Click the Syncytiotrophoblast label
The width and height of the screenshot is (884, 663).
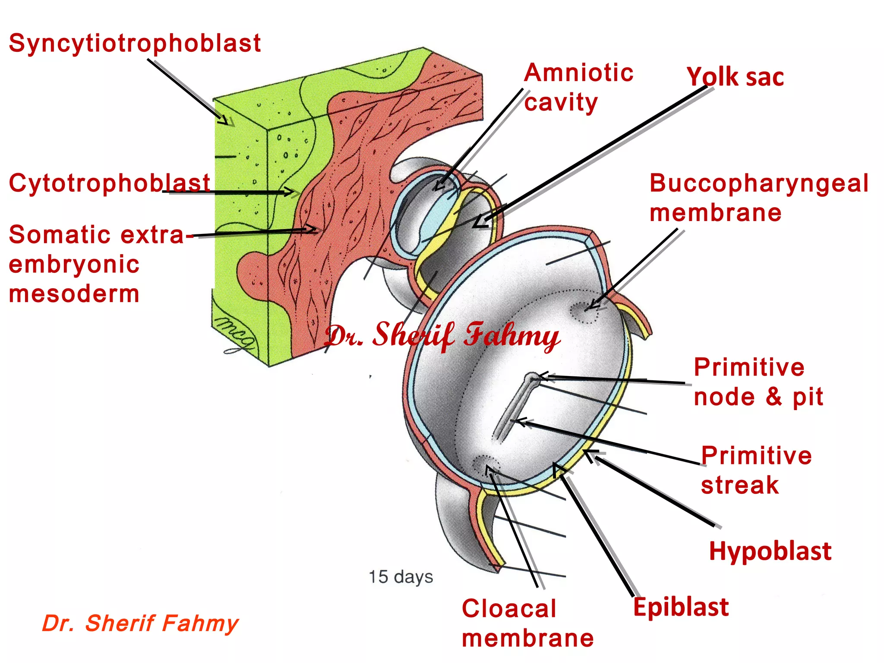point(135,44)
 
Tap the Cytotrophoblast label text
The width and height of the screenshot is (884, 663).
point(109,183)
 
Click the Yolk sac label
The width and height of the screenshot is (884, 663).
point(735,78)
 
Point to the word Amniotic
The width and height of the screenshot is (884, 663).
point(578,73)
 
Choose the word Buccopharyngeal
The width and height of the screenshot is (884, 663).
point(759,183)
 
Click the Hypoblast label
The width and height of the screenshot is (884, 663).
point(770,551)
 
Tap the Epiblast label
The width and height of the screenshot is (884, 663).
point(681,607)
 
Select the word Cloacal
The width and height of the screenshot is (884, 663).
point(509,609)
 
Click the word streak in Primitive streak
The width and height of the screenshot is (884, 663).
point(740,485)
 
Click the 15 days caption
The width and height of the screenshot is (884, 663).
point(401,577)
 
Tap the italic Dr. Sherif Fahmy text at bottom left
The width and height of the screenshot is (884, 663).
point(140,623)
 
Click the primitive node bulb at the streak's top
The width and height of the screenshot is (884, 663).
point(531,379)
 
